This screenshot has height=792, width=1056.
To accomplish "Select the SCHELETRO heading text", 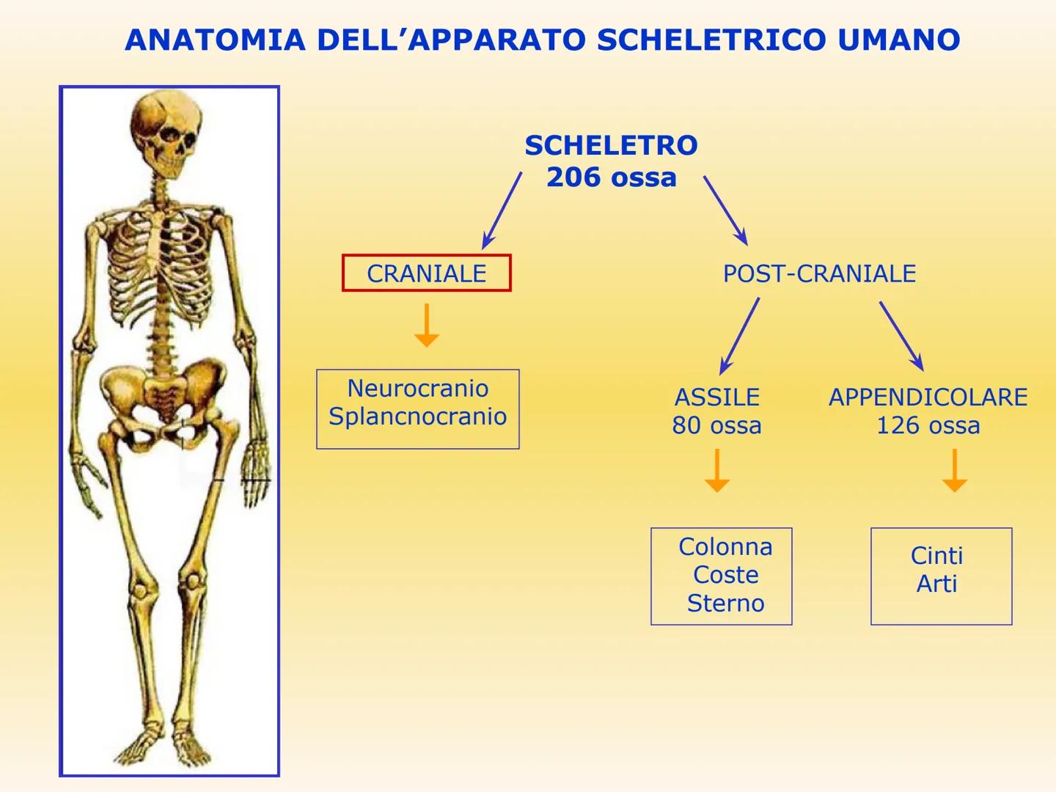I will click(x=611, y=145).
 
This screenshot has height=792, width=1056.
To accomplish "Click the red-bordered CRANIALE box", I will click(x=426, y=274).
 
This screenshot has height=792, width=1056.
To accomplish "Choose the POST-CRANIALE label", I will click(x=819, y=274).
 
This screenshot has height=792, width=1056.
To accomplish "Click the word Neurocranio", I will click(x=417, y=388).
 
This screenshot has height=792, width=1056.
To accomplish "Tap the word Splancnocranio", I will click(x=417, y=417).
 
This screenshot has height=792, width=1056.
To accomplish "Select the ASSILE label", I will click(x=716, y=397).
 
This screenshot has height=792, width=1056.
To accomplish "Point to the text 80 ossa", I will click(x=716, y=425).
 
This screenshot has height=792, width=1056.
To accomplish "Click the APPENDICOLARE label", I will click(x=928, y=397).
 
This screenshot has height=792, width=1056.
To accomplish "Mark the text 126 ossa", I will click(x=928, y=425).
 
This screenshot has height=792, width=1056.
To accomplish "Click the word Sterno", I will click(x=725, y=603).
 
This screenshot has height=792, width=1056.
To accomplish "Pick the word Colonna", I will click(x=725, y=547).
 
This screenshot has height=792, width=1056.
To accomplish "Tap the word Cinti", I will click(x=936, y=556).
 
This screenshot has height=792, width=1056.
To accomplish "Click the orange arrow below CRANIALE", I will click(x=426, y=326).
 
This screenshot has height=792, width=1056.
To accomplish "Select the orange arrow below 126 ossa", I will click(x=954, y=471).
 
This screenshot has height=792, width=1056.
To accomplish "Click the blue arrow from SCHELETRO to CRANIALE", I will click(x=502, y=211).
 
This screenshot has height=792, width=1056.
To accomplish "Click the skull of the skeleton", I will click(x=165, y=132).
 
